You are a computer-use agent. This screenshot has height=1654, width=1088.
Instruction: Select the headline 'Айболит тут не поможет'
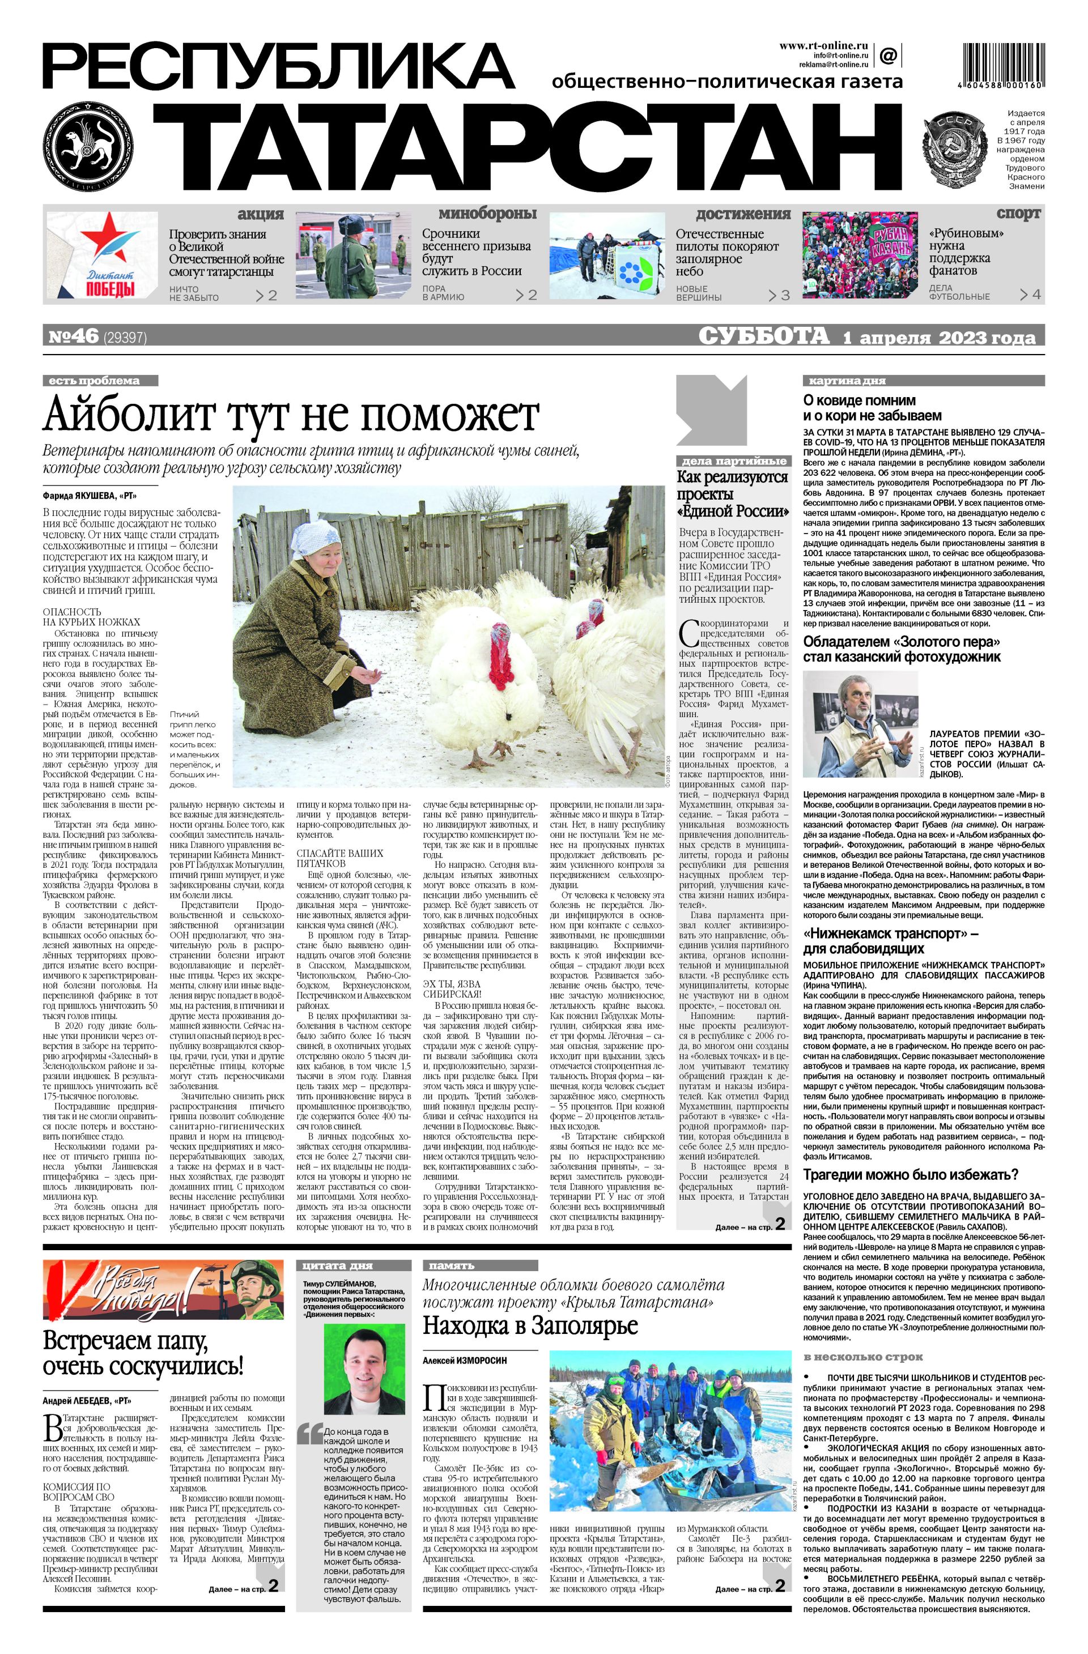(291, 416)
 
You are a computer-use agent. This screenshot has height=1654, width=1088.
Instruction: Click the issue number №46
(73, 337)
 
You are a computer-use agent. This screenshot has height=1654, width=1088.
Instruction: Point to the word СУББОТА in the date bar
(763, 337)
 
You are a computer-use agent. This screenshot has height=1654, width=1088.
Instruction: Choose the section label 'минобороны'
(487, 214)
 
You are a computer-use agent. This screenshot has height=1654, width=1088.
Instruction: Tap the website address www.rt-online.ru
(823, 46)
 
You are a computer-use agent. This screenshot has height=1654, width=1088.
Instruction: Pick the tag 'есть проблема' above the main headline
(100, 381)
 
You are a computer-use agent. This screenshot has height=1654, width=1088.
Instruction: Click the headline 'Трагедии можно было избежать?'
(910, 1174)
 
